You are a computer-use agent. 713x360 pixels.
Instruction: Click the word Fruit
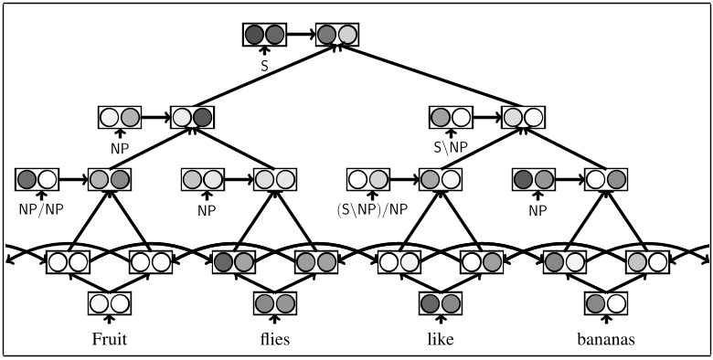coord(108,339)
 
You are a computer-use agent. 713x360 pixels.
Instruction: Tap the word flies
coord(274,339)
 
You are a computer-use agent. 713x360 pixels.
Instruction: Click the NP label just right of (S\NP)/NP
coord(534,209)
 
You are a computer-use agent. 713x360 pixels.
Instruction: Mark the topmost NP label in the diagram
coord(120,146)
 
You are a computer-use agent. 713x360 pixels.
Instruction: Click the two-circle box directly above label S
coord(265,35)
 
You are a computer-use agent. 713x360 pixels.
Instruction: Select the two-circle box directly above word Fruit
coord(108,302)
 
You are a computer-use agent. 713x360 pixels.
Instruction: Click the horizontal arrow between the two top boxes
coord(301,35)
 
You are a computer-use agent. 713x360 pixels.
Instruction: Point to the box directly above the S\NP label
coord(452,117)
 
